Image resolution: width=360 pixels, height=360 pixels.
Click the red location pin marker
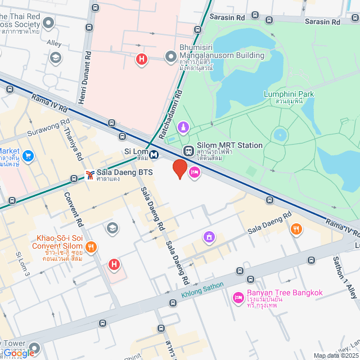(x=179, y=168)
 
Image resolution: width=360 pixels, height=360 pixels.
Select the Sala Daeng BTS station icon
(x=89, y=175)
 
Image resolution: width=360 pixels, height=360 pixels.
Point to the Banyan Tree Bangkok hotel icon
(x=238, y=296)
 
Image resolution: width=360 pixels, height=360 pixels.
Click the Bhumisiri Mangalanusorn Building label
(x=221, y=56)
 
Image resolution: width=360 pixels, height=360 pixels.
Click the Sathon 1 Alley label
(x=343, y=276)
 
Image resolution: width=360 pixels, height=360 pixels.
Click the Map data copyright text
(x=336, y=355)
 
